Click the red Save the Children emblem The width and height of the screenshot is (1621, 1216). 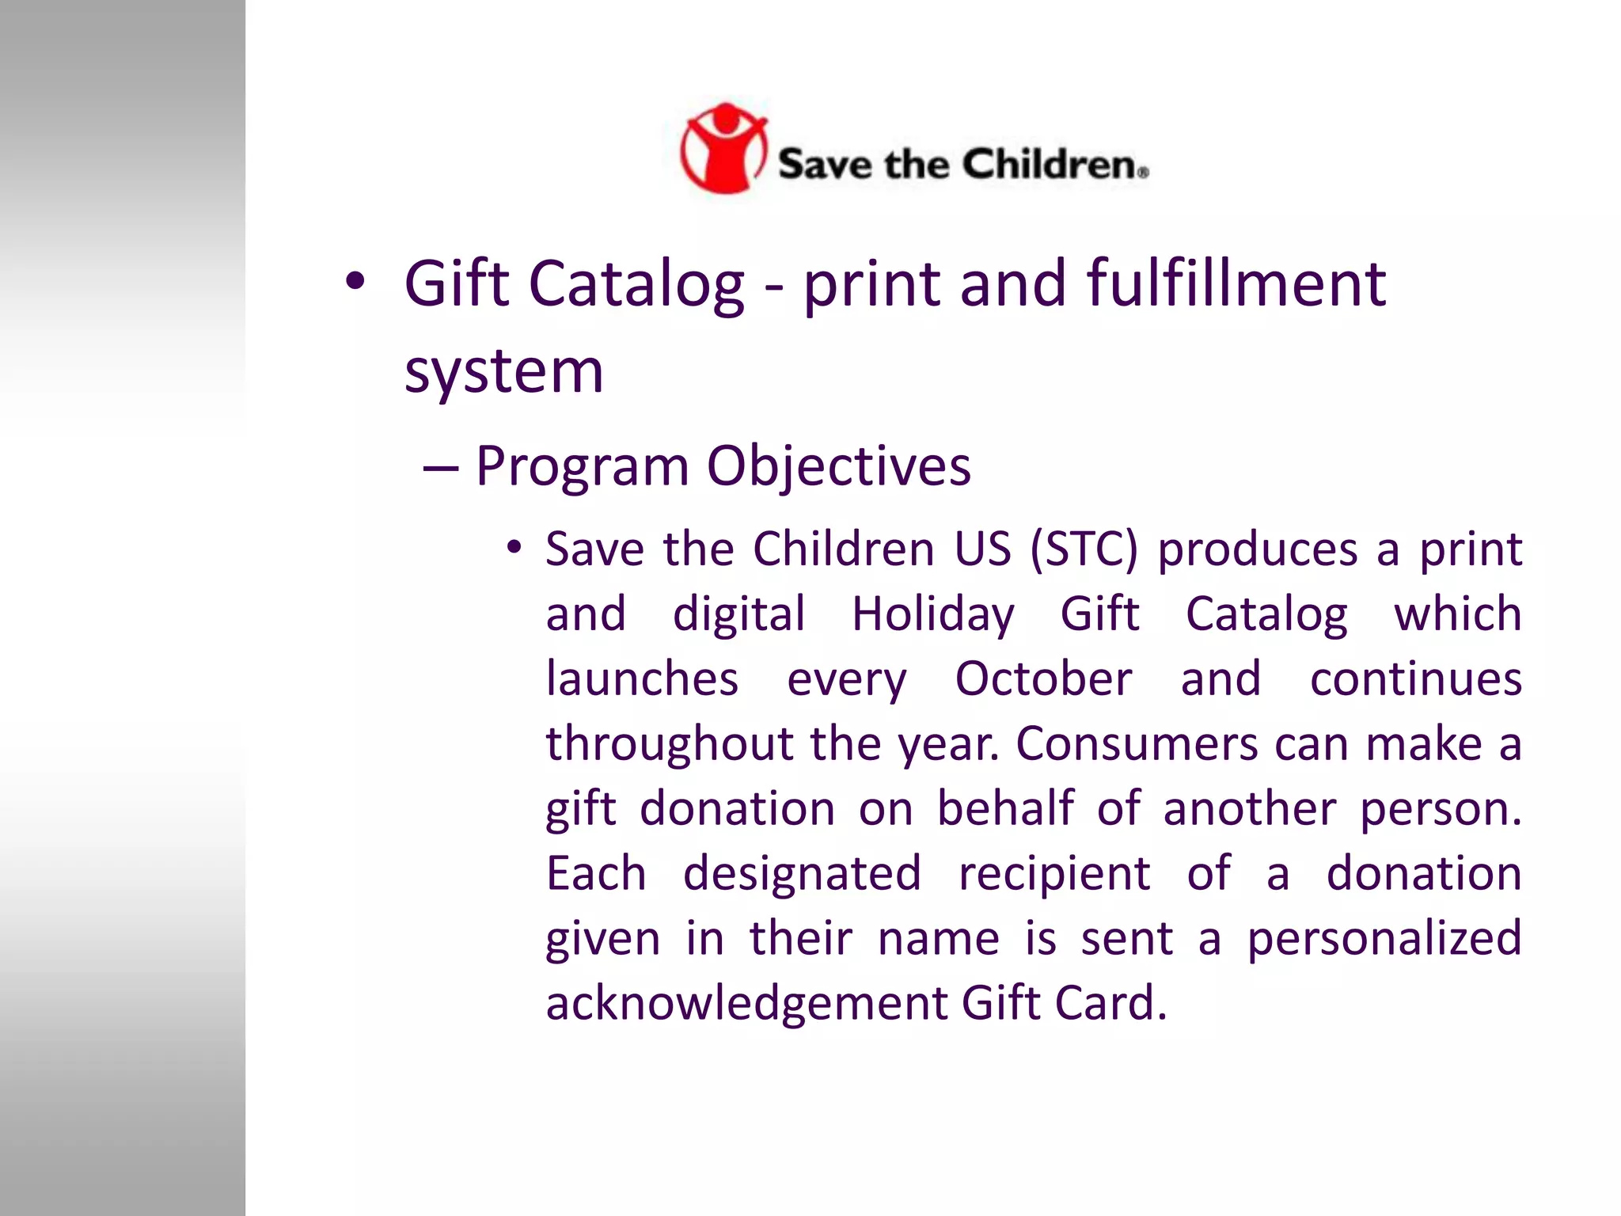(x=723, y=148)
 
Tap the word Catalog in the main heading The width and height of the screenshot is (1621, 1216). (x=636, y=285)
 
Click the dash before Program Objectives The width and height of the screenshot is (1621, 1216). (x=440, y=468)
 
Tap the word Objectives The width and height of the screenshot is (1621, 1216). (x=838, y=466)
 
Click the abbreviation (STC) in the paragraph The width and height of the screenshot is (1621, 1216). (x=1084, y=549)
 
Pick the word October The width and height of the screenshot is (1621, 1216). (x=1043, y=679)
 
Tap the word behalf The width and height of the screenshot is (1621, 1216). (x=1006, y=809)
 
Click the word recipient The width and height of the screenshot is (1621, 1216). (x=1054, y=874)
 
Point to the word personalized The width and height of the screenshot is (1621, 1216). (x=1384, y=940)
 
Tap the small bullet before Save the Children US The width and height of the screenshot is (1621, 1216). (x=514, y=548)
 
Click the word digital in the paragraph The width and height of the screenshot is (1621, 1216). (x=738, y=614)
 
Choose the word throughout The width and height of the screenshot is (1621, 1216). (x=670, y=744)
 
